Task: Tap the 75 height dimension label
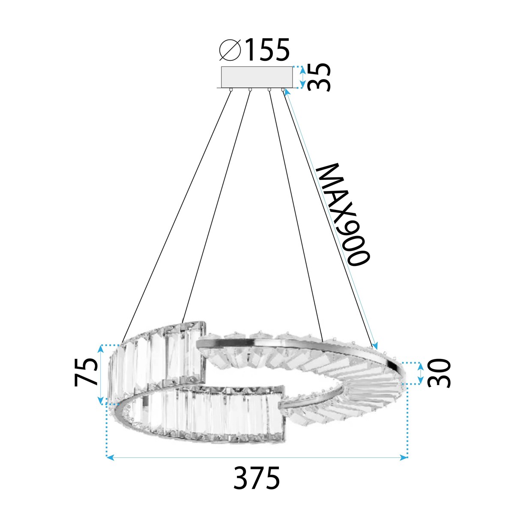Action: [x=87, y=373]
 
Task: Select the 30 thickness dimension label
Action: [x=440, y=373]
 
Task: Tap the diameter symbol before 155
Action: [x=230, y=50]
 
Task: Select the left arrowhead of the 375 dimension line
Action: [x=110, y=458]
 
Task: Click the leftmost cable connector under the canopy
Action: [x=231, y=90]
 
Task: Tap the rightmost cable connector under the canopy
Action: [x=283, y=90]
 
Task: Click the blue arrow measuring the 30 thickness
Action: [x=421, y=373]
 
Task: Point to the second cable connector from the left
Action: [x=249, y=90]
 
